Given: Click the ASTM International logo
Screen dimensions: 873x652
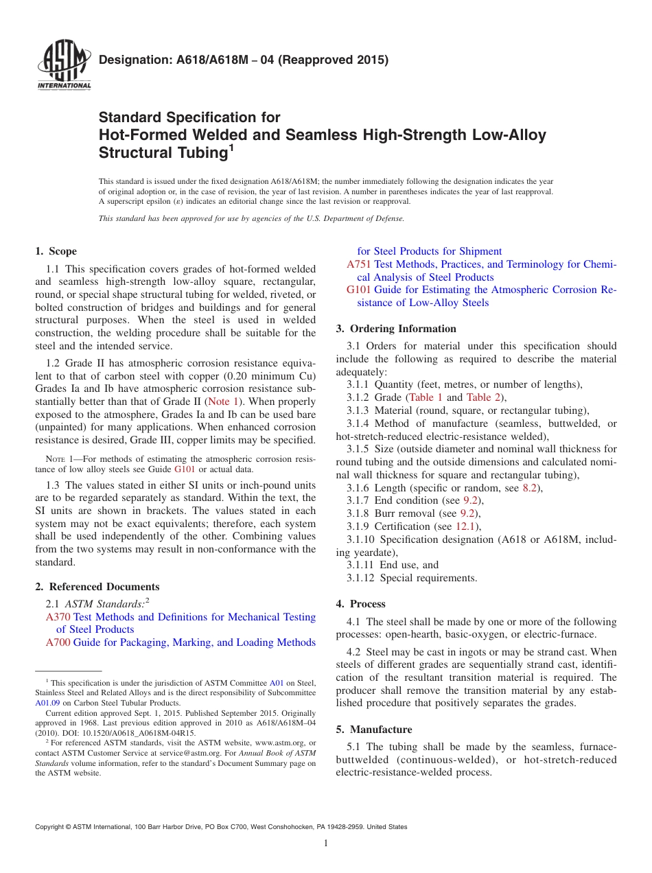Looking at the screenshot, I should click(64, 66).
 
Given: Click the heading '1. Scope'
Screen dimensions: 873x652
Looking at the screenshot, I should click(56, 251).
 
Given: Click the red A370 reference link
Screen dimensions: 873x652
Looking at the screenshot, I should click(58, 617).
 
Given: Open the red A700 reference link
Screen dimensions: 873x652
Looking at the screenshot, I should click(58, 642).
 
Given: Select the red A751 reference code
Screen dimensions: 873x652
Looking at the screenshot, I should click(359, 264).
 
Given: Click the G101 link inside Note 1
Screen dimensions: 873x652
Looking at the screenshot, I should click(185, 469).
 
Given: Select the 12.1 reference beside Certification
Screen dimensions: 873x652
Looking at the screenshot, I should click(467, 526).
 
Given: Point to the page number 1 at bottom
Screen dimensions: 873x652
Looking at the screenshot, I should click(326, 843).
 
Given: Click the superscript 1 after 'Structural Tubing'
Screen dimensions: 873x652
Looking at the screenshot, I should click(231, 147).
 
